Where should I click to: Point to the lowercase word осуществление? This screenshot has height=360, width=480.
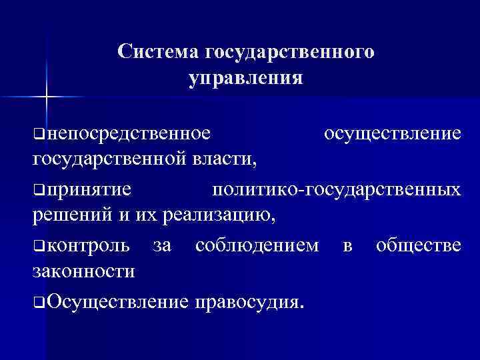(391, 133)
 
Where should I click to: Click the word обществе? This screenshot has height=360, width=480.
(418, 245)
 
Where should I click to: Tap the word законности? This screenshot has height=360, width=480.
(83, 271)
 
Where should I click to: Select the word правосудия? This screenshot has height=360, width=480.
(248, 302)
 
